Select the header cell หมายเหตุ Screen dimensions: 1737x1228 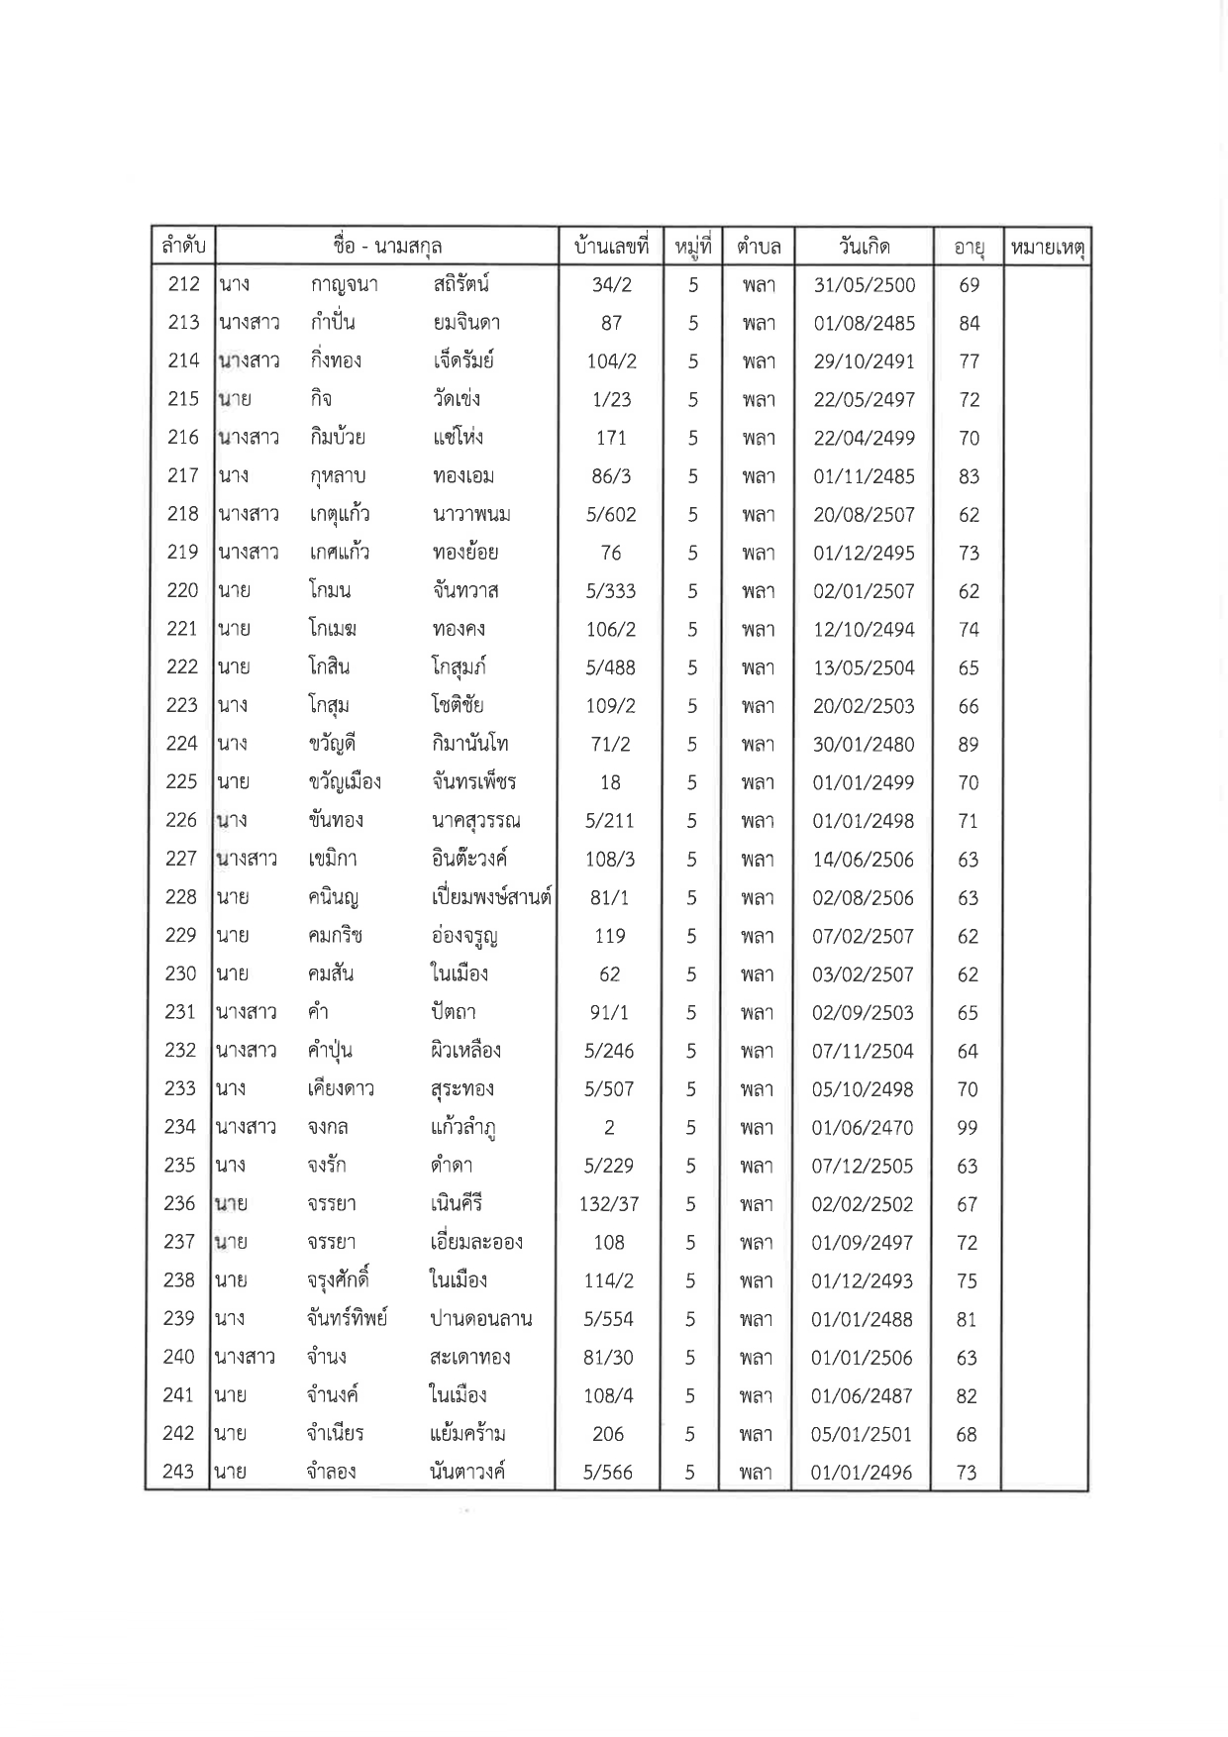[1047, 247]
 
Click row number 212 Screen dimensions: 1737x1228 [184, 285]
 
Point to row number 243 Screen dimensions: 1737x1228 [178, 1472]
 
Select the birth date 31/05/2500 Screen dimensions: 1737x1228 [865, 285]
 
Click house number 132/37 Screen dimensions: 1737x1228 [609, 1204]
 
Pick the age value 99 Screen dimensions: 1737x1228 [968, 1128]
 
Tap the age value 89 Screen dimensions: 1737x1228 [968, 745]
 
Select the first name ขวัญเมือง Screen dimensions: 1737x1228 [345, 782]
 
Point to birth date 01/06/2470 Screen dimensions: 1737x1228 [863, 1128]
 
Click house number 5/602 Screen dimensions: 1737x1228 [611, 515]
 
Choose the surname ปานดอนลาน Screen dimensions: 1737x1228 [481, 1319]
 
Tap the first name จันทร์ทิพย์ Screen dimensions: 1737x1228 [348, 1319]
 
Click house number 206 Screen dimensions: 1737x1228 [608, 1434]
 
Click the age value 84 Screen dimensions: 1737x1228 [969, 324]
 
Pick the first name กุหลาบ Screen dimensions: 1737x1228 [338, 476]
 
